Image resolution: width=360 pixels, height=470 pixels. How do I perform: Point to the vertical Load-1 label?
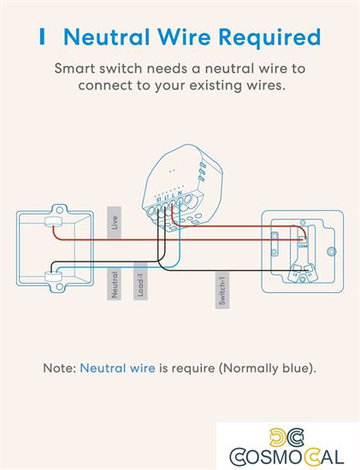pyautogui.click(x=139, y=280)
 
